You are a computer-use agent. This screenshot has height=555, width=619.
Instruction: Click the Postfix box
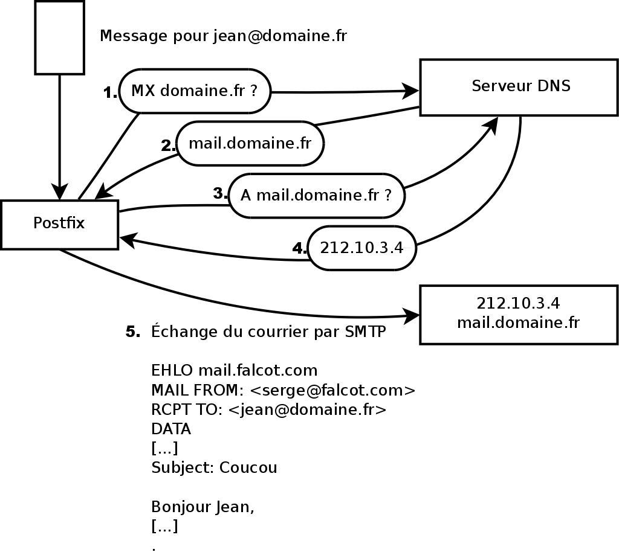59,224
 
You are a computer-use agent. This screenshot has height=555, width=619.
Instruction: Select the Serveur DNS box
519,87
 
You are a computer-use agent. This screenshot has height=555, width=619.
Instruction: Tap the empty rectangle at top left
59,37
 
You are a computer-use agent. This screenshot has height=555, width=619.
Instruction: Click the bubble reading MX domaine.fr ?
195,92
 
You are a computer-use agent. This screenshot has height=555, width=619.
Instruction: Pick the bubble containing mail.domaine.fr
250,144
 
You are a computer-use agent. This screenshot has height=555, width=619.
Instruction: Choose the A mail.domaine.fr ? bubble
316,196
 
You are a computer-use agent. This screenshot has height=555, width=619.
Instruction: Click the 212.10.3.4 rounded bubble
361,248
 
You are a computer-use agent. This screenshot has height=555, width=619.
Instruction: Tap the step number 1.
110,93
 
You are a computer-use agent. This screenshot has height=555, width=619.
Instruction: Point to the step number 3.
220,194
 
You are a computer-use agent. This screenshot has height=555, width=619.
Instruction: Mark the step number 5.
133,332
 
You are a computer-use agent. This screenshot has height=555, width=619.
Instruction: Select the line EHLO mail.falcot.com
234,370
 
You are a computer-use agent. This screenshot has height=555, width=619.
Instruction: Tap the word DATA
171,429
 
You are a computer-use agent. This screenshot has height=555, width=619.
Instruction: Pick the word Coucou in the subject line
248,468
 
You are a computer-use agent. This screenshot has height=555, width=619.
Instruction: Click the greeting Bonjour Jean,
203,507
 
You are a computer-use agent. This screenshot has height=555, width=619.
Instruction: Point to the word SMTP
365,332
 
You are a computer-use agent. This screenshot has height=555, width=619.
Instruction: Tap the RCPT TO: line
268,410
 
